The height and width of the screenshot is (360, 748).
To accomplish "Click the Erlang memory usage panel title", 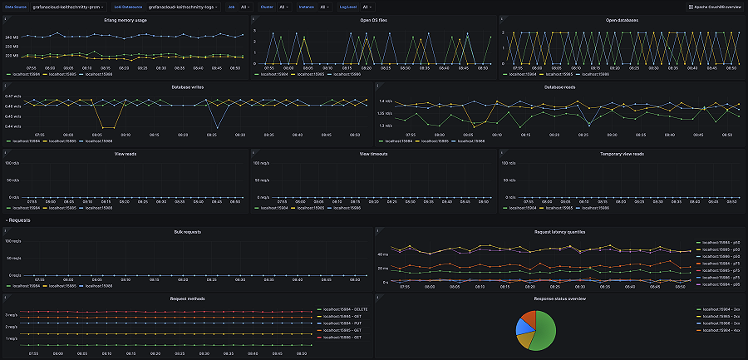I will point(125,18).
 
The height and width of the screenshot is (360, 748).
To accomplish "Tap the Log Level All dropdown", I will point(367,6).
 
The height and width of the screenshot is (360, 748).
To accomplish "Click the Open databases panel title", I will point(623,18).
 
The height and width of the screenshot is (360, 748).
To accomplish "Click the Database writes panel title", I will point(187,86).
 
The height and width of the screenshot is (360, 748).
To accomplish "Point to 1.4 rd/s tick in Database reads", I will point(386,101).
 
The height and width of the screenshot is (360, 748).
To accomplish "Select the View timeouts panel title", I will point(374,153).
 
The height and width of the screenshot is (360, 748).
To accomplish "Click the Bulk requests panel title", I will point(187,231).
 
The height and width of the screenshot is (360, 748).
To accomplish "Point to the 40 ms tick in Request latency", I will point(383,254).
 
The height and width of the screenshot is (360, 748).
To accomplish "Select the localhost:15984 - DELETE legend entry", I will point(342,308).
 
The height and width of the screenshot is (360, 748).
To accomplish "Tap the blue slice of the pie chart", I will point(523,327).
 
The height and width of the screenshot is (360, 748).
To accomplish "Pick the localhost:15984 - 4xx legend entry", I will point(720,330).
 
